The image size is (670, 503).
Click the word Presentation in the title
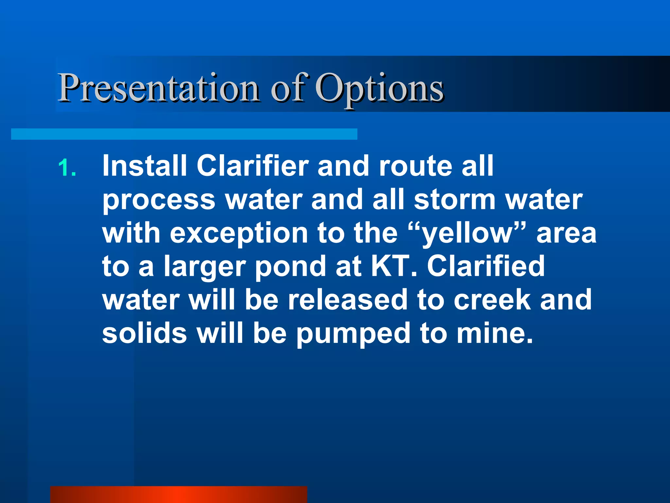point(159,88)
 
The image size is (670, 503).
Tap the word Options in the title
point(379,88)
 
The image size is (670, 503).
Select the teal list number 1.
point(67,168)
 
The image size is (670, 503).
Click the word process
point(159,200)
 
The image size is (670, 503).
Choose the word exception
point(239,234)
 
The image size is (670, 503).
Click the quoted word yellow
point(467,234)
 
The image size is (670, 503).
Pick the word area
point(566,234)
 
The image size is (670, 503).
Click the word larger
point(205,267)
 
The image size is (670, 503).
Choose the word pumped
point(353,334)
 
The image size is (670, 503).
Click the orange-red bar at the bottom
point(179,494)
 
